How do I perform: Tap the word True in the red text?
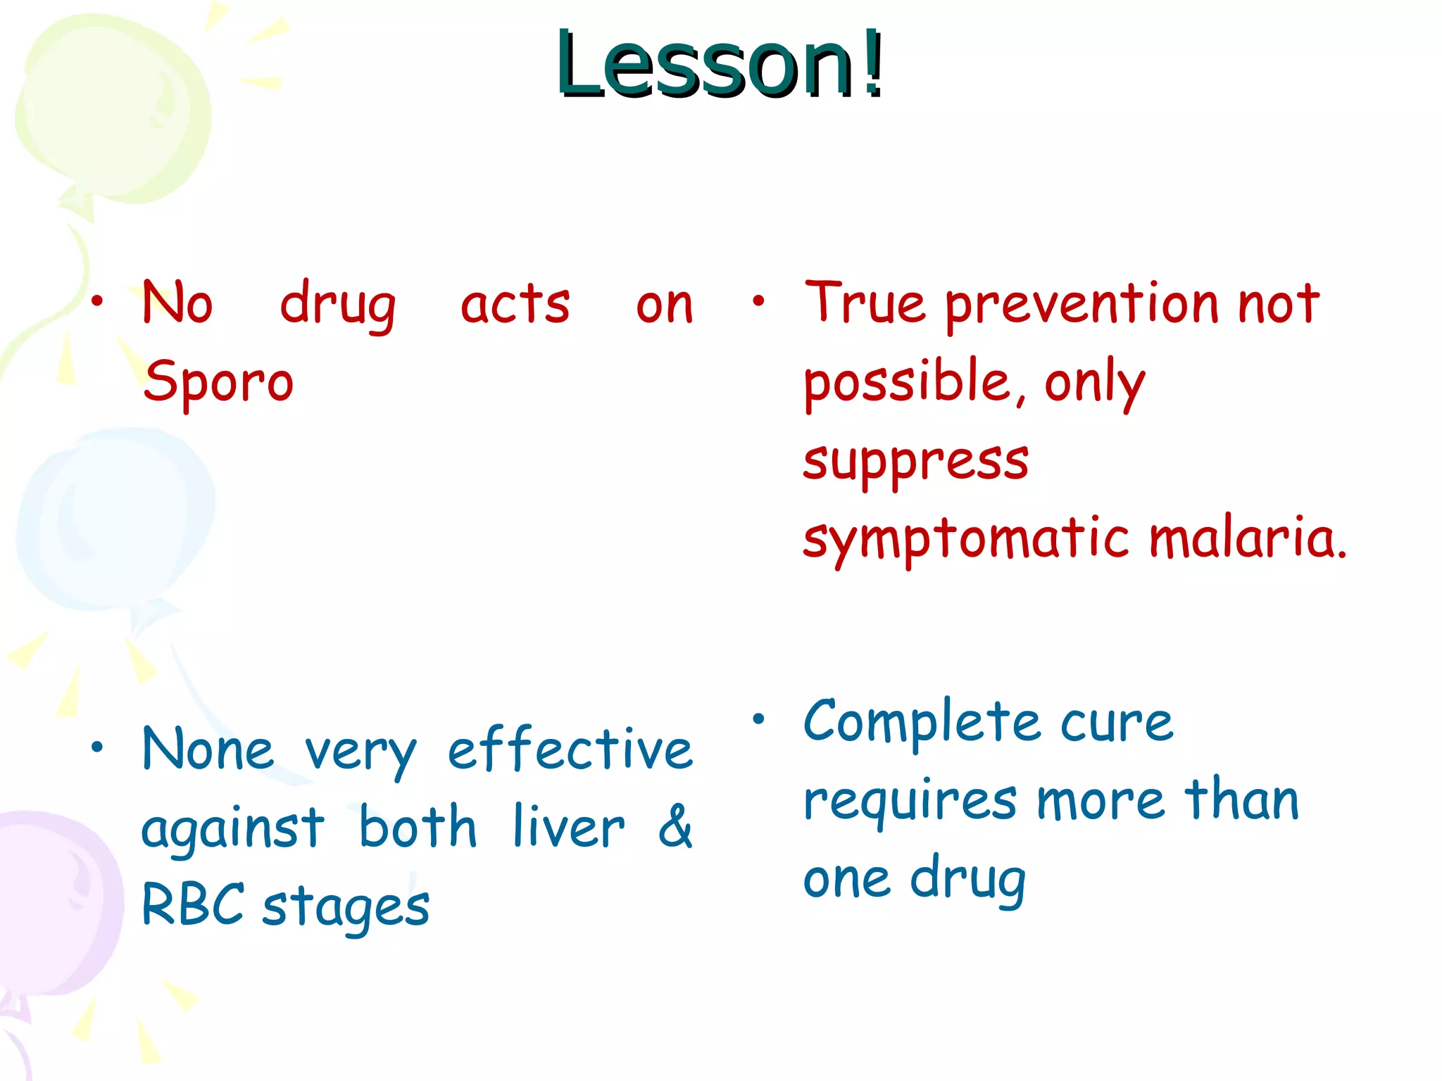(865, 303)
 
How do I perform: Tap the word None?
(208, 750)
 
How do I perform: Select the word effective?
(570, 750)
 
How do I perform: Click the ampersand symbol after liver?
(675, 827)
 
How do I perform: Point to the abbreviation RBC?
(193, 904)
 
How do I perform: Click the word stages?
(346, 908)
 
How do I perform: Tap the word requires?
(910, 802)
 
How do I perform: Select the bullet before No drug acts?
(97, 302)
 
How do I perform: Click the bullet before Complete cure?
(758, 719)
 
